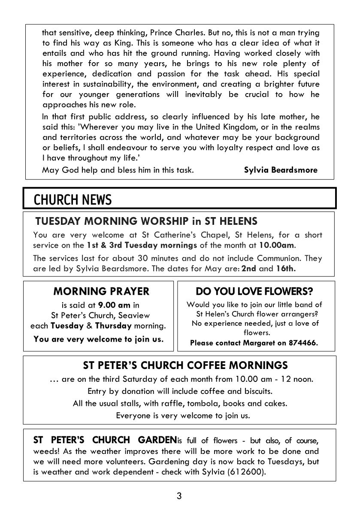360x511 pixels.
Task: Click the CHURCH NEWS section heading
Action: point(73,200)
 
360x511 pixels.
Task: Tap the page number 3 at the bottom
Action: point(179,496)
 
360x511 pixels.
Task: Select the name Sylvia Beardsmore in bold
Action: point(281,170)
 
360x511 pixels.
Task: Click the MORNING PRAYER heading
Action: point(101,291)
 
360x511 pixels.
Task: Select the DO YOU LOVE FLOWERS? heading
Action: point(254,292)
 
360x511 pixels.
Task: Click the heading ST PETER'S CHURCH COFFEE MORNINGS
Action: point(185,366)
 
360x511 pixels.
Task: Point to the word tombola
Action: point(203,403)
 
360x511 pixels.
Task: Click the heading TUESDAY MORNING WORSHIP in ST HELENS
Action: point(146,221)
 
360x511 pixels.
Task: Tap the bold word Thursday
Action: point(113,326)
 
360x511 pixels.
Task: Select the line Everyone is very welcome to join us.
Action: point(183,415)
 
